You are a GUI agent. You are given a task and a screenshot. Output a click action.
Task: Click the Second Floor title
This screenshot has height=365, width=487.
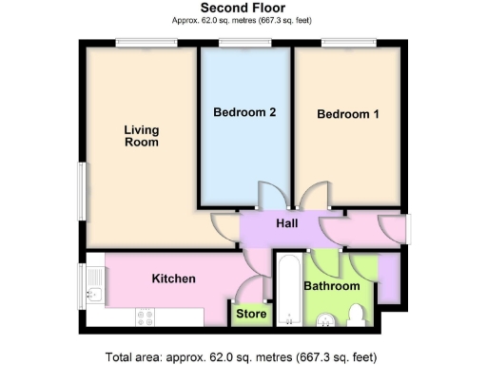[243, 8]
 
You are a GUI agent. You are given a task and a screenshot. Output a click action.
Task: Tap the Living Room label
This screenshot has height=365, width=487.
[141, 136]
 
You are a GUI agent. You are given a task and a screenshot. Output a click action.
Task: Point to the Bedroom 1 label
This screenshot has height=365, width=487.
[348, 115]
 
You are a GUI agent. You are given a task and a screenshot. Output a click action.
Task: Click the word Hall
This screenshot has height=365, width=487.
[286, 223]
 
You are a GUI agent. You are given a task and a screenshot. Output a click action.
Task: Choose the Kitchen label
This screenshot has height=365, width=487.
[174, 279]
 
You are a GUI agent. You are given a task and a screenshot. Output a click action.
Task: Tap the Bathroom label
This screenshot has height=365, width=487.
[331, 286]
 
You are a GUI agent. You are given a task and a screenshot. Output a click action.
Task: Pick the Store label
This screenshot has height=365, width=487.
[251, 314]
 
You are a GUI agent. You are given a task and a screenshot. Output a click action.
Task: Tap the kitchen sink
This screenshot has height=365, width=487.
[94, 283]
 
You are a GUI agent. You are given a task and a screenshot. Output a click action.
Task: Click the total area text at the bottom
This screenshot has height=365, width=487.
[243, 357]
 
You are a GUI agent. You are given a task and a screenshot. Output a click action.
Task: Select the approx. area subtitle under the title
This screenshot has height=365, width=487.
[243, 20]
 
